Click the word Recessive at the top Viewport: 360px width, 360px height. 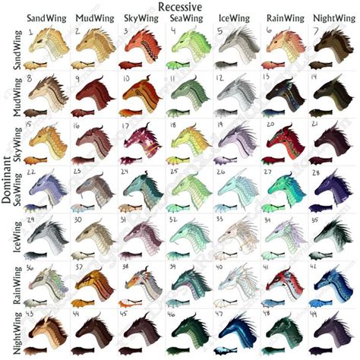[181, 6]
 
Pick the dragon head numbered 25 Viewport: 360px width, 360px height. [191, 186]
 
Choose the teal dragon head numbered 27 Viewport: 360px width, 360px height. [286, 186]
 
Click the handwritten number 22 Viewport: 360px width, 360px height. [32, 172]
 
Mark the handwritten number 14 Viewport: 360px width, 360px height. [316, 77]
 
